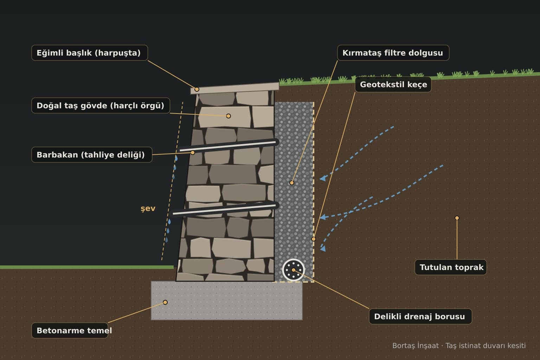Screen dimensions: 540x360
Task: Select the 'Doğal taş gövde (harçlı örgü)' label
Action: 101,105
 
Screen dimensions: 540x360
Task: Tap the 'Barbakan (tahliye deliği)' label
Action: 92,155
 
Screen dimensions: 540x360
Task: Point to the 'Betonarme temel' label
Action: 70,330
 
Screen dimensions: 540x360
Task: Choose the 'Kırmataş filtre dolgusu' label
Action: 393,53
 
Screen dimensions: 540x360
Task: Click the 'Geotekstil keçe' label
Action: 393,84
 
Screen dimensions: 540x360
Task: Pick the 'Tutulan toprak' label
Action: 451,267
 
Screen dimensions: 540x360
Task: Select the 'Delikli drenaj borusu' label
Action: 420,316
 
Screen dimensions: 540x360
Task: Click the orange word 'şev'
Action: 148,208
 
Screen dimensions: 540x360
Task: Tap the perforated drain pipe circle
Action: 294,270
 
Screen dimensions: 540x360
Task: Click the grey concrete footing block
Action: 227,301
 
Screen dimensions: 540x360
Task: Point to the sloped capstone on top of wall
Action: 235,88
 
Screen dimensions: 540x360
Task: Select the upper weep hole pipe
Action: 227,146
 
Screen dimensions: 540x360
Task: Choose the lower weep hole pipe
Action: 224,209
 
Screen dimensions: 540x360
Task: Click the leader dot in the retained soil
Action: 457,218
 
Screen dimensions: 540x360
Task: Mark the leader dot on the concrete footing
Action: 165,302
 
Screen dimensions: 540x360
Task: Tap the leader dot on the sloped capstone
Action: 197,89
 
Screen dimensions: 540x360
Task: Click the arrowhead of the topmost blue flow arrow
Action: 323,178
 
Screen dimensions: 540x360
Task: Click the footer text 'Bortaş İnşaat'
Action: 415,346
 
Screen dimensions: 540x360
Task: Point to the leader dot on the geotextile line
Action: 313,239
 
